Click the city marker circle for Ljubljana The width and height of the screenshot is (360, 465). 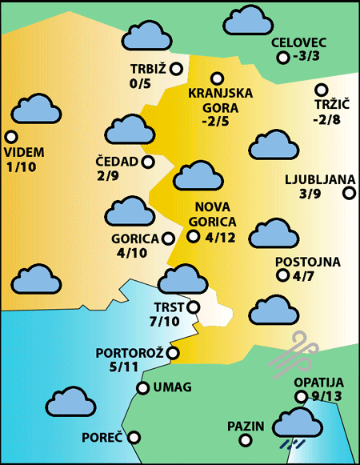tap(349, 192)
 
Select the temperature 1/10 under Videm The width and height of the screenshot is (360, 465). tap(20, 166)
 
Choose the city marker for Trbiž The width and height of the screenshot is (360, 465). tap(176, 69)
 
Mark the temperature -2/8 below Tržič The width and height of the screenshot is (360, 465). tap(326, 120)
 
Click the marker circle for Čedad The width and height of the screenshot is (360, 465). tap(147, 162)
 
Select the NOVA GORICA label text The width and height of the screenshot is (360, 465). tap(215, 214)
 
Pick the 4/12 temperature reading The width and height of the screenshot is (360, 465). tap(220, 237)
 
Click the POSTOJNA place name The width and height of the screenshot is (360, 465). tap(308, 262)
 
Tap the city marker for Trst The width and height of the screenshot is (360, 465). tap(193, 307)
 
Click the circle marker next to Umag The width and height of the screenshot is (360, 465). tap(143, 388)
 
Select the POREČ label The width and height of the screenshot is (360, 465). tap(102, 438)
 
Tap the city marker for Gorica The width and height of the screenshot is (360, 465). tap(168, 238)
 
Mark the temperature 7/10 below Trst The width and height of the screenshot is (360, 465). tap(165, 322)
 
